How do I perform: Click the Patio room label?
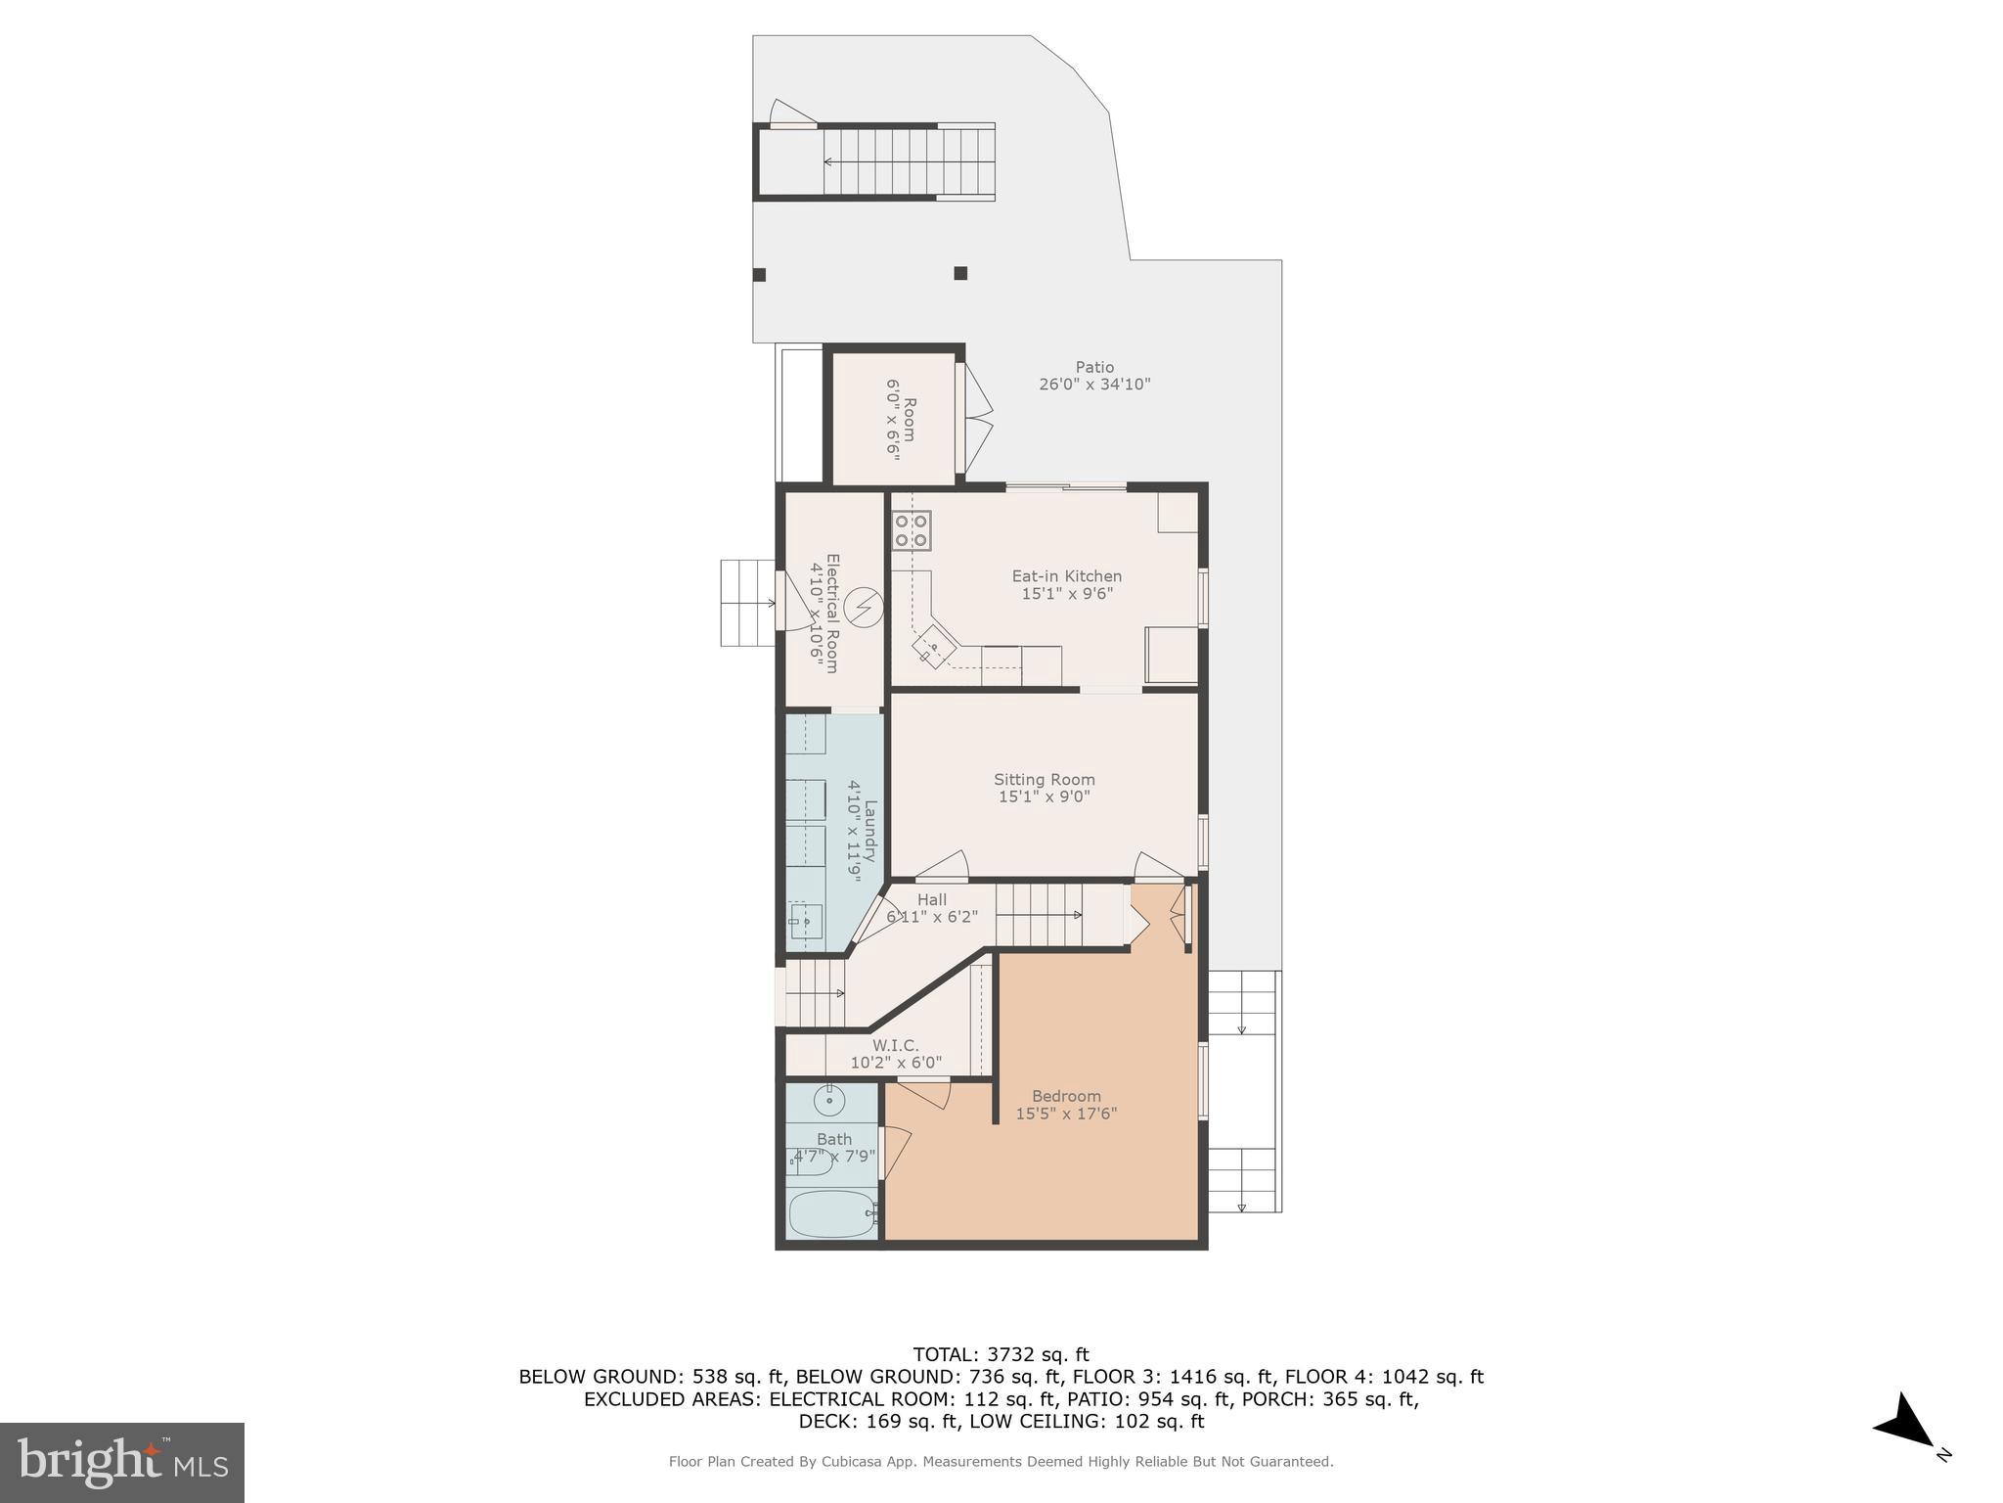[x=1094, y=368]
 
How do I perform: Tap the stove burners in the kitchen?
[x=911, y=530]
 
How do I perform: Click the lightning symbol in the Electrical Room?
[x=864, y=609]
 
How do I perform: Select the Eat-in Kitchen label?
[x=1066, y=576]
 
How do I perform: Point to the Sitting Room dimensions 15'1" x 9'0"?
[x=1044, y=797]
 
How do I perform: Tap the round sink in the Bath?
[x=829, y=1101]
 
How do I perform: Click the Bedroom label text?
[x=1066, y=1096]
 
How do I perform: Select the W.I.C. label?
[x=896, y=1046]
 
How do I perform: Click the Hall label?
[x=931, y=900]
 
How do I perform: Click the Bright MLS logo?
[x=122, y=1462]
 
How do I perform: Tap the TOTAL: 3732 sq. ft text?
[x=1001, y=1355]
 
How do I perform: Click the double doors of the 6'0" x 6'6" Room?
[x=977, y=418]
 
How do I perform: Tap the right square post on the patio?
[x=960, y=273]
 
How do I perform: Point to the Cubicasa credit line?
[x=1001, y=1462]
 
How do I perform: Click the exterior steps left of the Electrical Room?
[x=747, y=603]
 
